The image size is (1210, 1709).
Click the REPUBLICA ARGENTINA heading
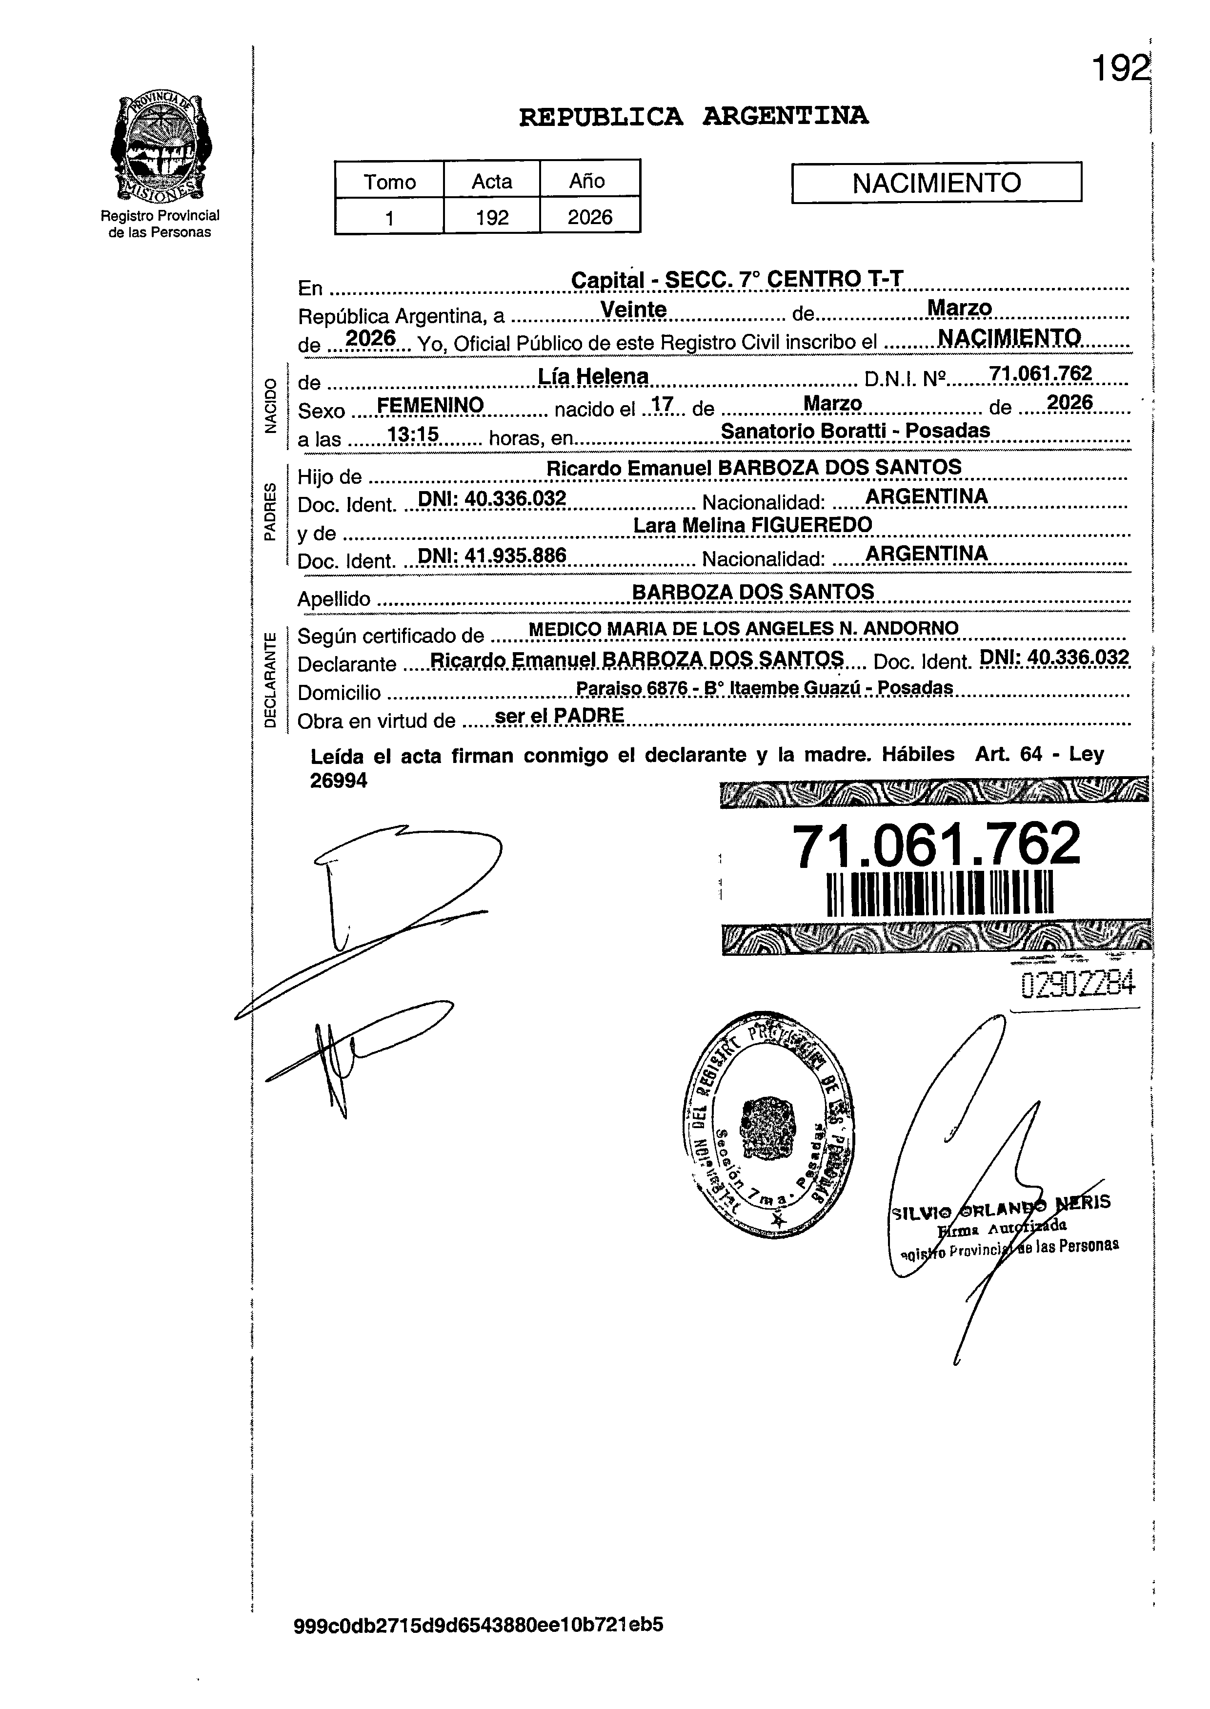693,116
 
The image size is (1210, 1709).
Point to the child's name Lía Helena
593,377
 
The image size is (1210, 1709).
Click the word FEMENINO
431,406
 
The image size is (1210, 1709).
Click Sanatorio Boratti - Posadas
855,431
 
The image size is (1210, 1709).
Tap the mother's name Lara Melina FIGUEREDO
752,525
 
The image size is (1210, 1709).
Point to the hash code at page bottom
478,1645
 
